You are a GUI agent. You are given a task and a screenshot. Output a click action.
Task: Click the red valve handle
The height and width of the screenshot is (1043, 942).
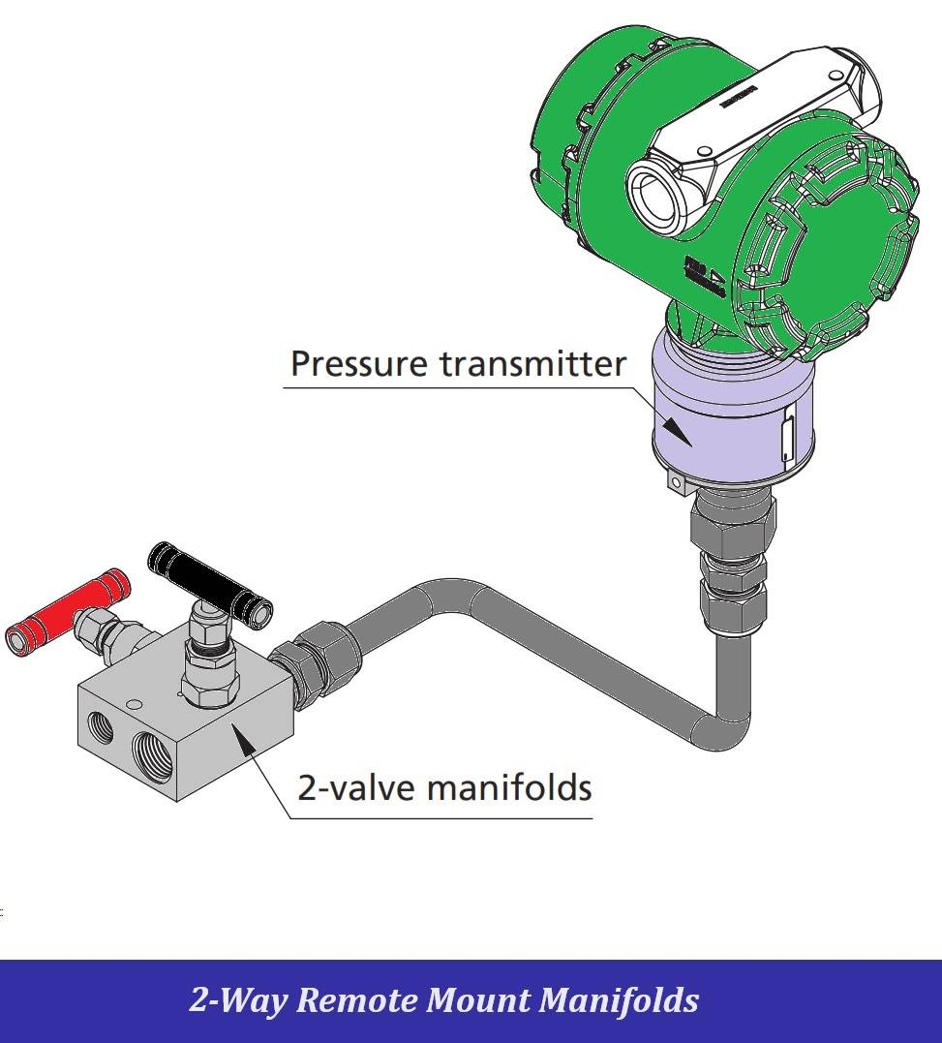pos(68,609)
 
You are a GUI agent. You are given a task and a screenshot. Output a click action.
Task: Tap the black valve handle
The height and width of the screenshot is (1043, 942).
pos(209,580)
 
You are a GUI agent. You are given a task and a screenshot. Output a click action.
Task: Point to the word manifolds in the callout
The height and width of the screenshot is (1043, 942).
pos(509,786)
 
